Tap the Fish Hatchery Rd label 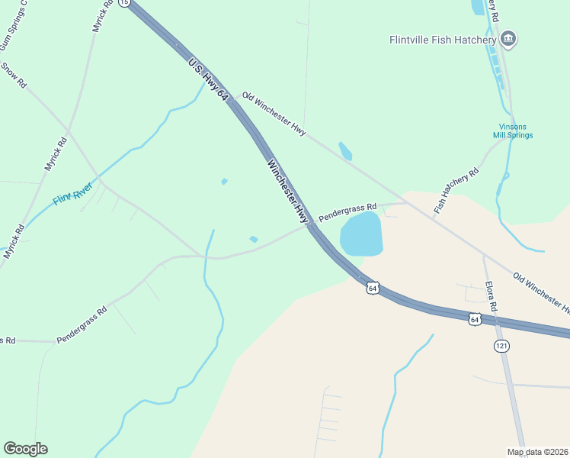point(456,190)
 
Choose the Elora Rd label point(492,297)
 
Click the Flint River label point(73,193)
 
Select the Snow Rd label point(13,76)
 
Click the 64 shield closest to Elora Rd point(475,318)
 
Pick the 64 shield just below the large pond point(372,288)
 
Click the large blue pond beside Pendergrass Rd point(360,234)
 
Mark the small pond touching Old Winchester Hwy point(344,150)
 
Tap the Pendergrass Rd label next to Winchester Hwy point(347,211)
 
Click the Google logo point(25,449)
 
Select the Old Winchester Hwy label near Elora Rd point(541,292)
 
